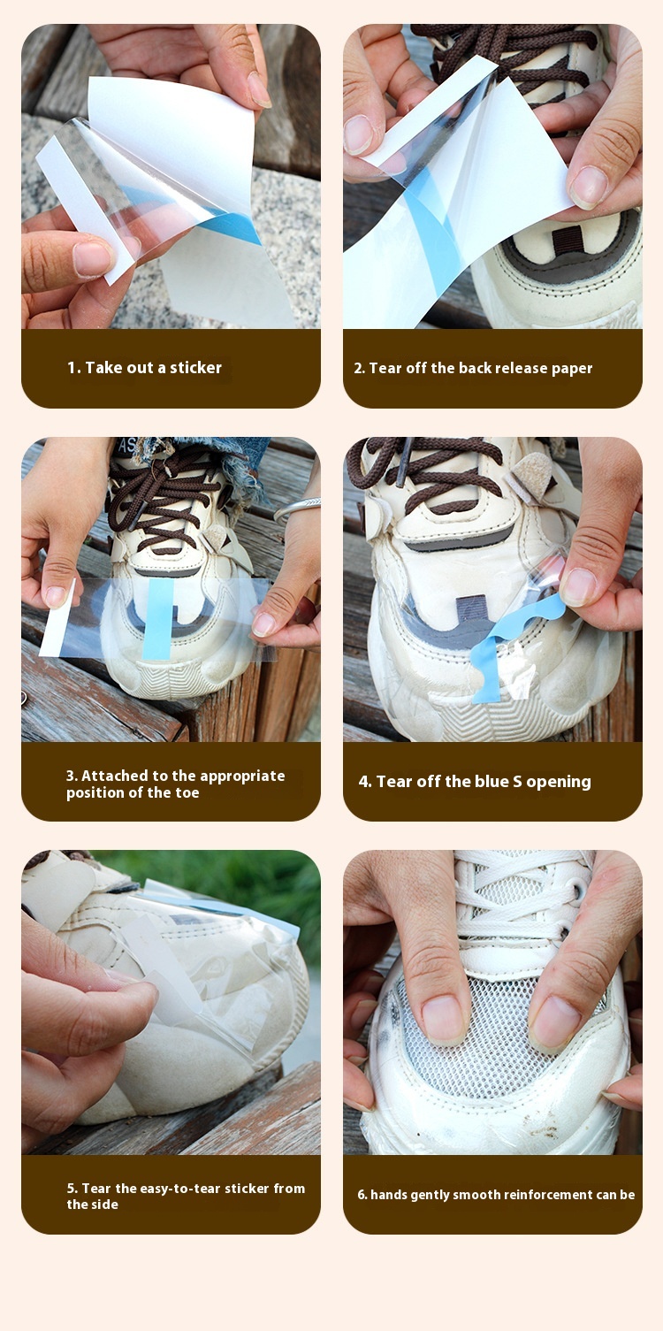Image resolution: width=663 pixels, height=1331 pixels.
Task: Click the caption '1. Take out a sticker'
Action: click(144, 368)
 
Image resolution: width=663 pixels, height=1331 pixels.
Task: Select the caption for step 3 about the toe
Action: click(175, 784)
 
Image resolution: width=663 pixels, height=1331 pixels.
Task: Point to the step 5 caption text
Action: click(186, 1196)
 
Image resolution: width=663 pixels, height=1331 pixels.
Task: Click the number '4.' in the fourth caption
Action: click(365, 782)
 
